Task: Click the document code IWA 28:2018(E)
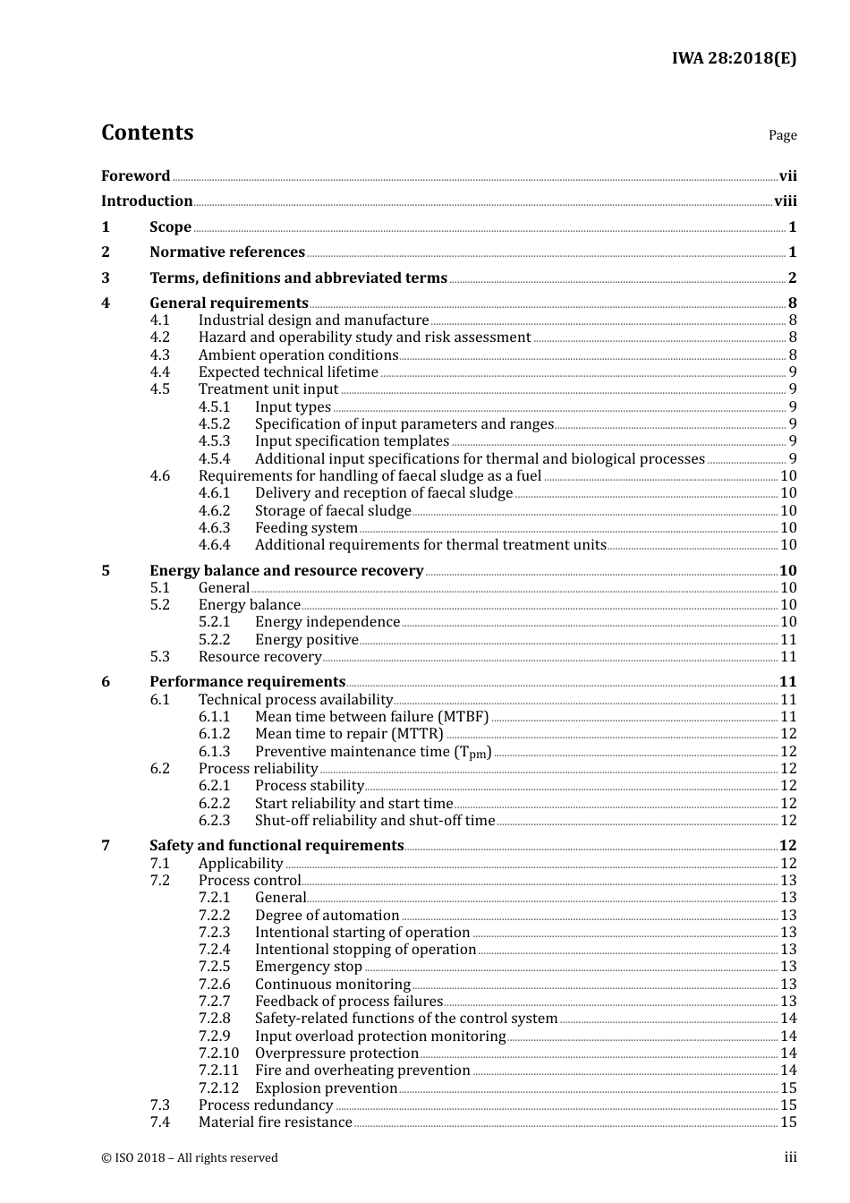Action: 734,59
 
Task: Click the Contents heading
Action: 147,132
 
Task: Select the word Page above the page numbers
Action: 782,135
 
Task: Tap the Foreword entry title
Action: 135,176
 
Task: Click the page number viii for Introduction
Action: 785,201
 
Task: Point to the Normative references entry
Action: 227,252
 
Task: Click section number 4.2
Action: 160,337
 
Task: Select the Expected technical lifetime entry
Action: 288,372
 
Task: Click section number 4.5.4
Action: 214,459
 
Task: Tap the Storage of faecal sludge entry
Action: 333,511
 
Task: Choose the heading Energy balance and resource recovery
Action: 286,571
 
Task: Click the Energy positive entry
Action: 306,640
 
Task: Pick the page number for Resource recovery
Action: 788,657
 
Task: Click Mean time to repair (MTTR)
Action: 349,734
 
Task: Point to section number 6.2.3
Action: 214,821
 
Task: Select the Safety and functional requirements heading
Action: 276,846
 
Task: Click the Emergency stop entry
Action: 309,967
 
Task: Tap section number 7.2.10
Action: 218,1054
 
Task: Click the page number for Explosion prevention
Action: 788,1088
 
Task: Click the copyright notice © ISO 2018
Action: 190,1158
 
